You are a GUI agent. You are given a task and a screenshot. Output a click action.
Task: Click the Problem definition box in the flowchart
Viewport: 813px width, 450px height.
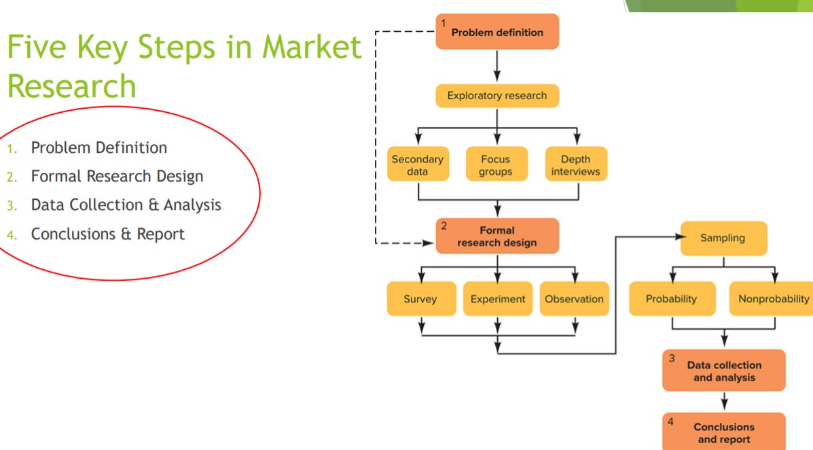(x=497, y=32)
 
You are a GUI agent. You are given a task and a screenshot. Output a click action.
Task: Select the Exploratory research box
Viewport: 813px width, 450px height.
(x=496, y=96)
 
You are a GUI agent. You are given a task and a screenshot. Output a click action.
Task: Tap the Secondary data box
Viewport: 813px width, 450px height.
(x=418, y=165)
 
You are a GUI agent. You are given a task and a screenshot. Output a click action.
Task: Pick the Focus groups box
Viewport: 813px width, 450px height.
(x=496, y=165)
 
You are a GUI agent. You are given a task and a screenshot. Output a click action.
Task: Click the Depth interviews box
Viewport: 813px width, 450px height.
(x=575, y=165)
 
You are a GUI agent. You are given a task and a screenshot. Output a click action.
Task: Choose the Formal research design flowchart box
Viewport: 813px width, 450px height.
(x=497, y=236)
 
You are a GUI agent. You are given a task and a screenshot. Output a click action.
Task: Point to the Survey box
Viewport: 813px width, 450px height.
(x=420, y=299)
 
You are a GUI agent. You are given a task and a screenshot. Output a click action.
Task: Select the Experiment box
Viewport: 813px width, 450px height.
(x=498, y=299)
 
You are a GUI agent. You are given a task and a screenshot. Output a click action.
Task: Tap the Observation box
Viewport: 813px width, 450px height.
(x=574, y=299)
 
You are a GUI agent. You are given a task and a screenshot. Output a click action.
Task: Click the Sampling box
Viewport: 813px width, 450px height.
(x=723, y=238)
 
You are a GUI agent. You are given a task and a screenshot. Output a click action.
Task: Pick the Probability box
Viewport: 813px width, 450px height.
(x=672, y=299)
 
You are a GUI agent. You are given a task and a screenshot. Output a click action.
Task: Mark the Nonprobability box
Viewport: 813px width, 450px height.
(x=773, y=299)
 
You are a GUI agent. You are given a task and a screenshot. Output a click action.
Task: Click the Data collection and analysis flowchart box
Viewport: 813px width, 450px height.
(x=723, y=371)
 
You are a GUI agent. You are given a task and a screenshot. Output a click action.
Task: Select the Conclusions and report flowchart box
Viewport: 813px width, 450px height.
(x=723, y=433)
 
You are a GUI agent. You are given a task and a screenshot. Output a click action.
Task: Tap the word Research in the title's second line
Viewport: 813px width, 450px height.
(x=71, y=86)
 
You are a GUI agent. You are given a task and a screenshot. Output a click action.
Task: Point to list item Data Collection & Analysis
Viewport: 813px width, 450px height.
(x=126, y=205)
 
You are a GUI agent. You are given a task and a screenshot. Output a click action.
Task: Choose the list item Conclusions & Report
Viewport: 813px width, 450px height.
(x=107, y=234)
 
